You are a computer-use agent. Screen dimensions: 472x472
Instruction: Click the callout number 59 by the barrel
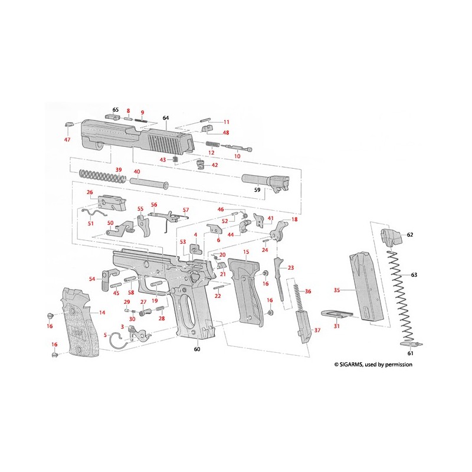pyautogui.click(x=257, y=191)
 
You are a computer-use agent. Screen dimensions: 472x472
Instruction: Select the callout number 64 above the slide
pyautogui.click(x=166, y=118)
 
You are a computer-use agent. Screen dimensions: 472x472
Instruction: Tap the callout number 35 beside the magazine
pyautogui.click(x=337, y=290)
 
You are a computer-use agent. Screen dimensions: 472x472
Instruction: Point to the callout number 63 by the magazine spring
pyautogui.click(x=414, y=275)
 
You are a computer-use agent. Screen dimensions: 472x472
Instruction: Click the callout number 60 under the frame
pyautogui.click(x=197, y=349)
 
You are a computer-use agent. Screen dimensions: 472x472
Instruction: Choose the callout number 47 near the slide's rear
pyautogui.click(x=67, y=140)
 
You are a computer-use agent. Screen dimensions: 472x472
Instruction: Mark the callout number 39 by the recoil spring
pyautogui.click(x=119, y=170)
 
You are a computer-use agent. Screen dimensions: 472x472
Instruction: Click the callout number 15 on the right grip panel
pyautogui.click(x=246, y=252)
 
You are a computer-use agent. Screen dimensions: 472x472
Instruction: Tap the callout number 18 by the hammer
pyautogui.click(x=294, y=219)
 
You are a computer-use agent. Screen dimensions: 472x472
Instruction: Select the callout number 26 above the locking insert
pyautogui.click(x=90, y=192)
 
